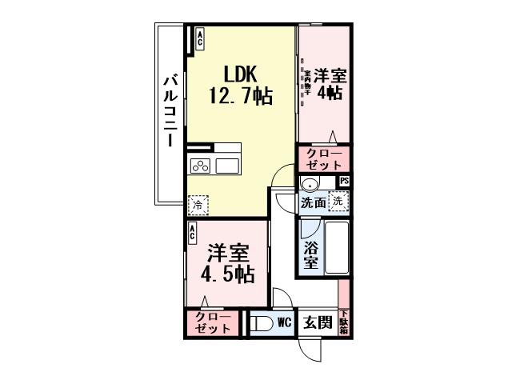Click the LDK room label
click(x=240, y=74)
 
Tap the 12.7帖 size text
click(x=240, y=97)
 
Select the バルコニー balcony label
click(x=170, y=111)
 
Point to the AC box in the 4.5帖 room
click(x=194, y=233)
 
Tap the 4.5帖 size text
click(x=227, y=274)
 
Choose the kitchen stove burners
click(x=200, y=166)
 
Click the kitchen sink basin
click(x=227, y=166)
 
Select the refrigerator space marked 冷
click(x=197, y=205)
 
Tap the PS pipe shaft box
click(x=344, y=181)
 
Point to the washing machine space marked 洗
click(x=338, y=202)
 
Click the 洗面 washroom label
click(x=313, y=203)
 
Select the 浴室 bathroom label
click(x=311, y=254)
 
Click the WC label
click(x=284, y=323)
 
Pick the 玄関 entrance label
click(x=318, y=323)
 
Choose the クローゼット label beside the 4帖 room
click(x=324, y=158)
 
